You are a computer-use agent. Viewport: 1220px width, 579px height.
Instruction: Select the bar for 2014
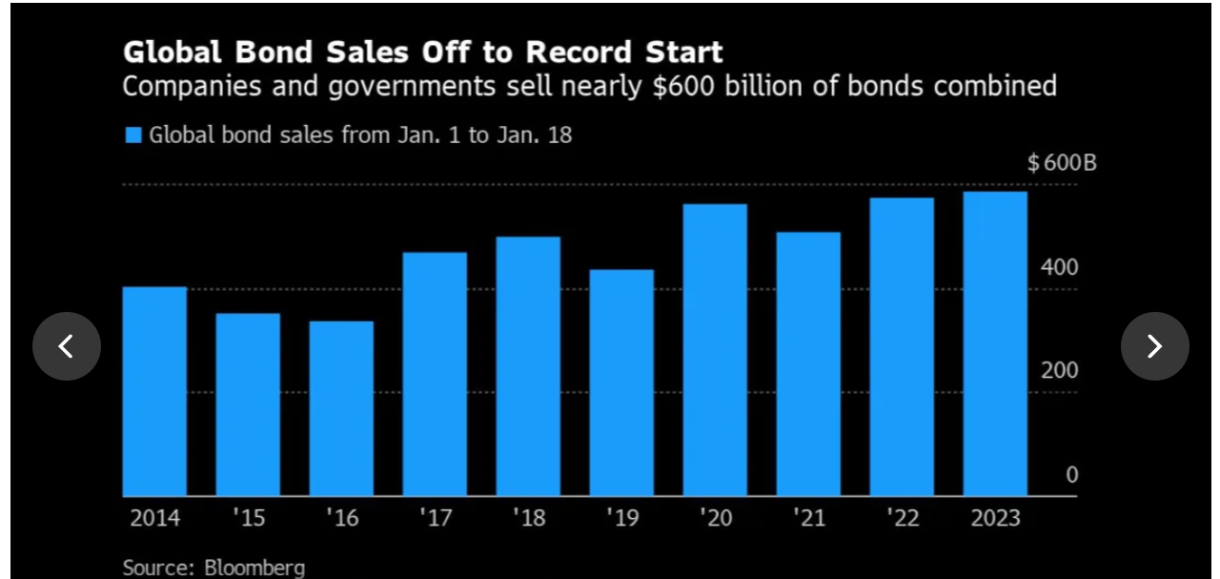(x=154, y=391)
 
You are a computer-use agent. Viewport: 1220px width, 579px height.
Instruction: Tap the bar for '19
(x=621, y=383)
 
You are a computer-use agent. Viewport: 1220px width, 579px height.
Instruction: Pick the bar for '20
(x=715, y=350)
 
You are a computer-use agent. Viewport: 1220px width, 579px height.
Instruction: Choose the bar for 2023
(x=995, y=343)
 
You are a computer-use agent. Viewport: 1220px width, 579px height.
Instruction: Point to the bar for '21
(x=808, y=363)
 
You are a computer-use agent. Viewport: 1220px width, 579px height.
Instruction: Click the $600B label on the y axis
(x=1062, y=163)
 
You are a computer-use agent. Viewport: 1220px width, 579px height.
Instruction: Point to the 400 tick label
(x=1060, y=267)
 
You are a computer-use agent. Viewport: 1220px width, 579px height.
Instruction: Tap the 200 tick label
(x=1060, y=371)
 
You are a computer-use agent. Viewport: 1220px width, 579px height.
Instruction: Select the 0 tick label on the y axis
(x=1071, y=475)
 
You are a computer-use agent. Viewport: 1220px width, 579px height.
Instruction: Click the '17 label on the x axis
(x=435, y=518)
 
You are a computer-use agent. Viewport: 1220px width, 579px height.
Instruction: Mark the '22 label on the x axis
(x=902, y=518)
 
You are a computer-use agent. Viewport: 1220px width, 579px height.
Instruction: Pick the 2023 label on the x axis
(x=995, y=518)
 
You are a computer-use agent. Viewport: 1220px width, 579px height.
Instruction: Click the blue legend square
(x=133, y=135)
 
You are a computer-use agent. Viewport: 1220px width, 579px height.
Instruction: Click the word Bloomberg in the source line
(x=254, y=569)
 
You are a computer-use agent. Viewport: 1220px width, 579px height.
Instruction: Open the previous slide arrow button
(x=67, y=346)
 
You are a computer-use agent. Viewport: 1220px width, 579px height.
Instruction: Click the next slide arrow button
(x=1154, y=346)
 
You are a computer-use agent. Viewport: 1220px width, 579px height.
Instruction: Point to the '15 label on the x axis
(x=248, y=518)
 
